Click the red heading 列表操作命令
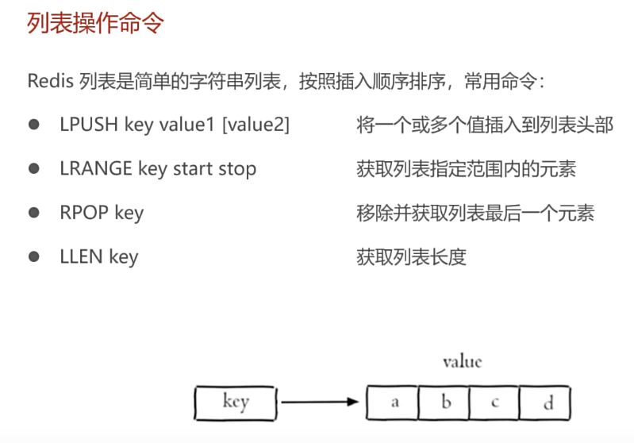(95, 24)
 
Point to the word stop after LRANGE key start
(237, 169)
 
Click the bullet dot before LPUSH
(34, 125)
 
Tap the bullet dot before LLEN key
(34, 256)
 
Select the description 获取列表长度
(411, 256)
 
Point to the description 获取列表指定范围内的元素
(467, 169)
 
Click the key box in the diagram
(236, 402)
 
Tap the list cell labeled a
(394, 403)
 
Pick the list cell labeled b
(445, 403)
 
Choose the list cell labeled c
(494, 403)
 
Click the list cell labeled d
(546, 403)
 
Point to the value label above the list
(462, 362)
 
